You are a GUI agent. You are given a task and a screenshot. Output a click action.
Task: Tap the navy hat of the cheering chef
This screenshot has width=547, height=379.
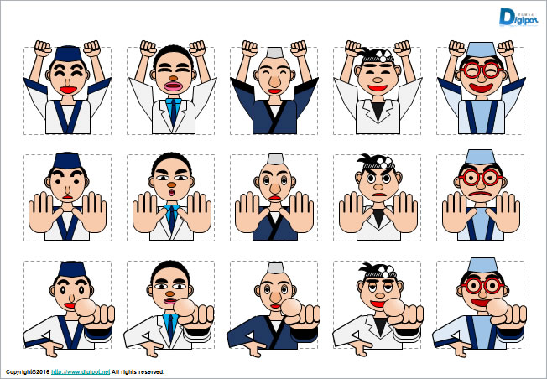(65, 55)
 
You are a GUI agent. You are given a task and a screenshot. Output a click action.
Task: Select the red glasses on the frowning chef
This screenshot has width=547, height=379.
(480, 178)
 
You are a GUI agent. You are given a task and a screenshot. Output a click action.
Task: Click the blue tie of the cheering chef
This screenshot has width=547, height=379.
(174, 108)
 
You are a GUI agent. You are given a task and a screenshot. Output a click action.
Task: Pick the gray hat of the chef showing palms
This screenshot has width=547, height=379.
(273, 159)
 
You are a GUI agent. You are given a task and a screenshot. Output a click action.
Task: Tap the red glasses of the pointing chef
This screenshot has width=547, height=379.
(479, 285)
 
